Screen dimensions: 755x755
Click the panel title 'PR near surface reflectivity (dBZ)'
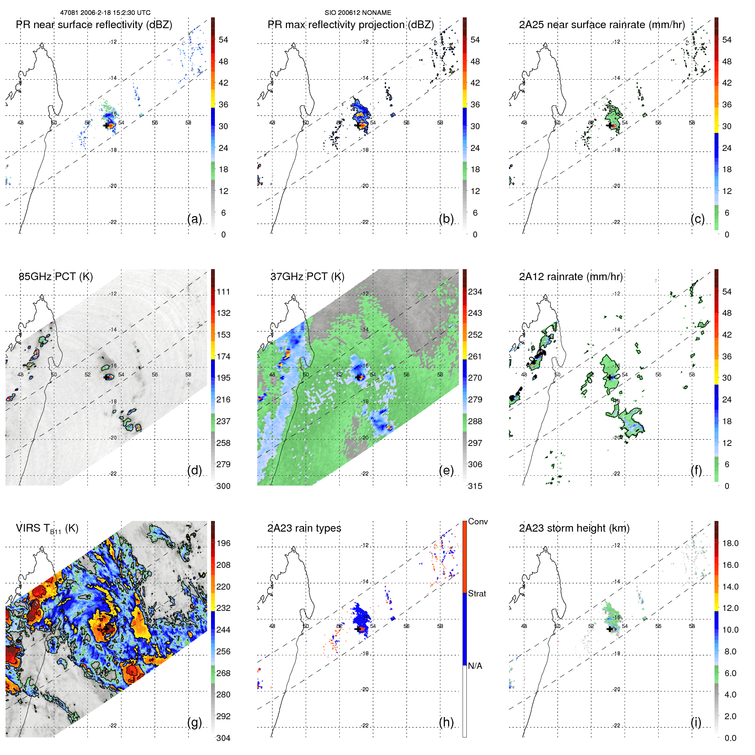94,25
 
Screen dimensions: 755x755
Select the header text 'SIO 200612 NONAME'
358,13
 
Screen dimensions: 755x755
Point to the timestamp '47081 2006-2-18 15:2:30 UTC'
105,13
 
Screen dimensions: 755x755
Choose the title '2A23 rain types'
304,528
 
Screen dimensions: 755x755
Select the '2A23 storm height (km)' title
574,528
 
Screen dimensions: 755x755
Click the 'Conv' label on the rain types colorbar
478,521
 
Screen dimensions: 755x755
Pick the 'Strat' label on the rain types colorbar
477,593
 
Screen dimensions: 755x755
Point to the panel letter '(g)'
194,722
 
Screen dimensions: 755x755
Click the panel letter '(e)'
446,470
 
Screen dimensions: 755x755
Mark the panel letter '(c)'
698,219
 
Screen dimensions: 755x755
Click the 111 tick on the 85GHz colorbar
223,292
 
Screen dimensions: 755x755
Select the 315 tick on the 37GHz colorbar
475,486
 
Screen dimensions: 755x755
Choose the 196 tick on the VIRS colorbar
223,543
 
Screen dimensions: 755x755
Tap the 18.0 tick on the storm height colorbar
730,543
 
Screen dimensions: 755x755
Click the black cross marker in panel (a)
106,125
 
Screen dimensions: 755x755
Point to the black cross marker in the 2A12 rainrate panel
610,377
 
